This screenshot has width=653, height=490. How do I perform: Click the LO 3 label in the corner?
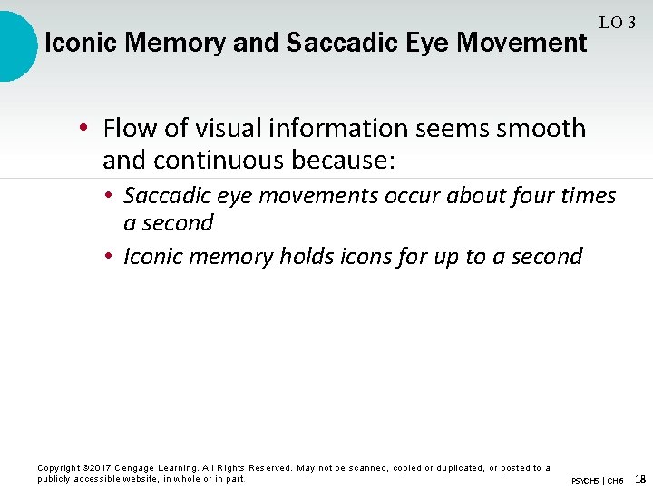pos(617,22)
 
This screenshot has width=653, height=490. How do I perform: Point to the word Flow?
pos(131,128)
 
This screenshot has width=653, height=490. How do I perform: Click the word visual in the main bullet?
pos(227,128)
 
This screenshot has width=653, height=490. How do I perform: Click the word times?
pos(585,196)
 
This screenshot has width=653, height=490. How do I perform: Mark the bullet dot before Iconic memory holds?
pos(107,258)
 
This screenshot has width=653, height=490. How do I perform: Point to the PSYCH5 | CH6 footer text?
pos(598,480)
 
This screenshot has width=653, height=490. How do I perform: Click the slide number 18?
pos(640,479)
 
